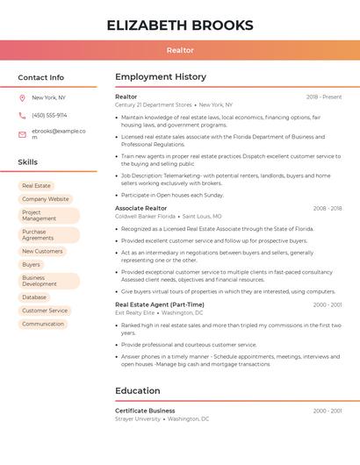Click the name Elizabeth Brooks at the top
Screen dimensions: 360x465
pos(180,25)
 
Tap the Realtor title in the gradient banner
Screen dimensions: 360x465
pos(180,50)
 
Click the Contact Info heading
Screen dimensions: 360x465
pos(41,77)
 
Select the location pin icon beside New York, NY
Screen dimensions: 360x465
pos(22,97)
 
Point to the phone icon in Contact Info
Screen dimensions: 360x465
pos(22,115)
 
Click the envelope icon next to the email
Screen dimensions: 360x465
pos(22,134)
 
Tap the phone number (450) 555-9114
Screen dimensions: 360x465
pos(49,115)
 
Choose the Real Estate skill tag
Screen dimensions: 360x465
pos(36,186)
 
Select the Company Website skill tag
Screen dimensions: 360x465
pos(45,199)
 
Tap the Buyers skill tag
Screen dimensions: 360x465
pos(31,264)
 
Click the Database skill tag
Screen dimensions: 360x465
pos(34,297)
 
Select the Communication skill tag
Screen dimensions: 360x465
pos(43,324)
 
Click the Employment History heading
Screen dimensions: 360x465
pos(161,77)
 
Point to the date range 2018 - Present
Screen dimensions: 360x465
pos(324,97)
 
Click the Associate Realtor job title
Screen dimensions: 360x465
pos(141,208)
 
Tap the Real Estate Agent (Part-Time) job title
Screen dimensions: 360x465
pos(160,304)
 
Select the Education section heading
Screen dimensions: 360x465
pos(138,390)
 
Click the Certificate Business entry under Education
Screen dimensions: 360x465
pos(145,411)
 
